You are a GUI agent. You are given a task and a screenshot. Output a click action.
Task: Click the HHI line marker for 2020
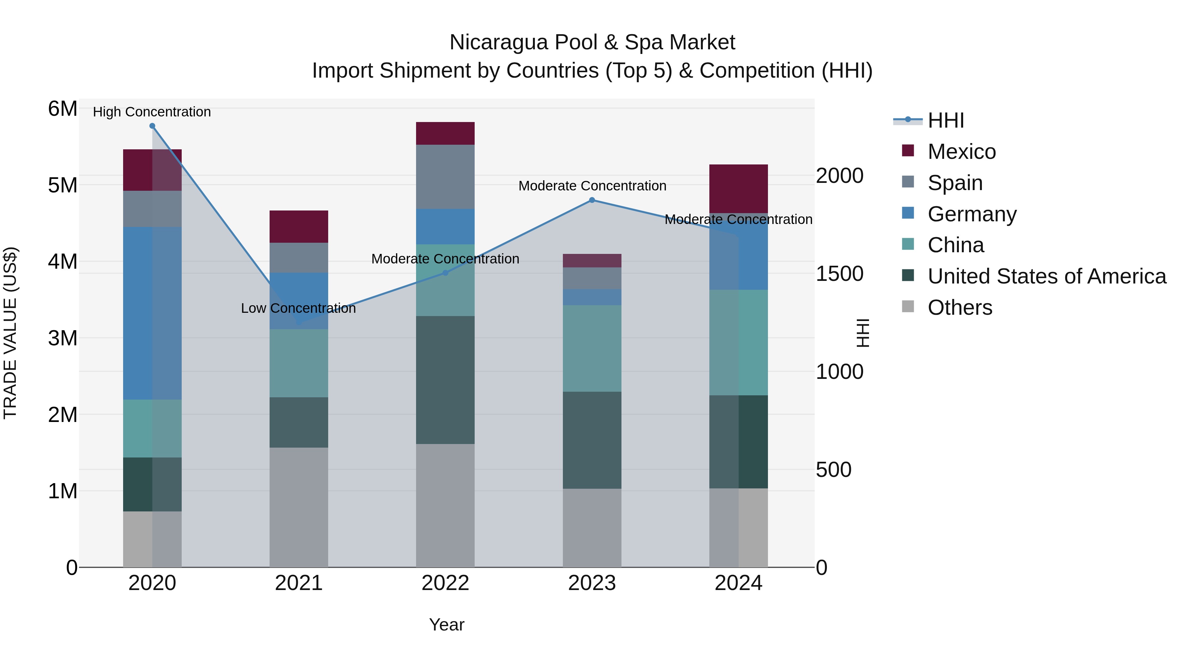tap(152, 126)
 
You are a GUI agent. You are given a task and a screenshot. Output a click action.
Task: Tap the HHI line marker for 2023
tap(592, 200)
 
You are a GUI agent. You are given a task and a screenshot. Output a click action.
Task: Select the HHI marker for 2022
tap(445, 273)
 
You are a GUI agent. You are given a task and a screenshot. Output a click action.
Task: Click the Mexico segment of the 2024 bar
tap(738, 188)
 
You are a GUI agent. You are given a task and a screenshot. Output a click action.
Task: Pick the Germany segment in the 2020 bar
tap(152, 312)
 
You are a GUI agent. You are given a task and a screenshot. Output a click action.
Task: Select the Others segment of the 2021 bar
tap(299, 507)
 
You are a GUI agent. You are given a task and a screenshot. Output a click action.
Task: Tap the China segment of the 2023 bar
tap(592, 348)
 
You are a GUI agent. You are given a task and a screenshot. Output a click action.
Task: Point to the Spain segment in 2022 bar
tap(445, 177)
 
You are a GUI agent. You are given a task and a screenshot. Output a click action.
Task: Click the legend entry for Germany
tap(972, 214)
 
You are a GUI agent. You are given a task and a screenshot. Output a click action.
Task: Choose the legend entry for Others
tap(960, 308)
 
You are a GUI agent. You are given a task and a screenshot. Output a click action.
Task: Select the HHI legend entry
tap(945, 120)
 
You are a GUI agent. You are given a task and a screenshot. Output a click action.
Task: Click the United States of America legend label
tap(1046, 276)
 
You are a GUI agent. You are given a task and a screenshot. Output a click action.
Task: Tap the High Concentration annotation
tap(152, 112)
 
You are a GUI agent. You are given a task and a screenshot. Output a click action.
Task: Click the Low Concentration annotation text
tap(298, 308)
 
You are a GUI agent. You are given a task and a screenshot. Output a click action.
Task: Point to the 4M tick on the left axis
tap(63, 261)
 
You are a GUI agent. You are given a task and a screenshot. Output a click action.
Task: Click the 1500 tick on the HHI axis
tap(839, 274)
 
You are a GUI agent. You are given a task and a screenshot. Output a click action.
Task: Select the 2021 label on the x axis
tap(299, 583)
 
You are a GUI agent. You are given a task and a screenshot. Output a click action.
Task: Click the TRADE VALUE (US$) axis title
tap(10, 333)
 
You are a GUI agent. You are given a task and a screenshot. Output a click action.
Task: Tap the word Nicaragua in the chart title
tap(499, 42)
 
